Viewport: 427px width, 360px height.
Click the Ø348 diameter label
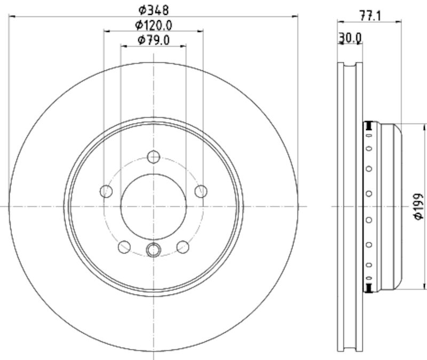[x=154, y=10]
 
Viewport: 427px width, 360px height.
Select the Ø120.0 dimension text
[x=154, y=25]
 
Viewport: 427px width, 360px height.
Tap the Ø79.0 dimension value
[x=154, y=41]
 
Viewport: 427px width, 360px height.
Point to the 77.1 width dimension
[x=370, y=16]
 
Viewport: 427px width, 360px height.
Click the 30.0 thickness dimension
[x=350, y=38]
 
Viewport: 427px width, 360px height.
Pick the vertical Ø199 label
[x=418, y=206]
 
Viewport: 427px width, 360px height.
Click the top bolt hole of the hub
[x=154, y=157]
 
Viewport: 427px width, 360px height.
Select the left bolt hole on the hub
[x=106, y=191]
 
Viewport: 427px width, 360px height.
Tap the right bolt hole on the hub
[x=201, y=191]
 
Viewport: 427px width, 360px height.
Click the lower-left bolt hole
[x=124, y=247]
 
